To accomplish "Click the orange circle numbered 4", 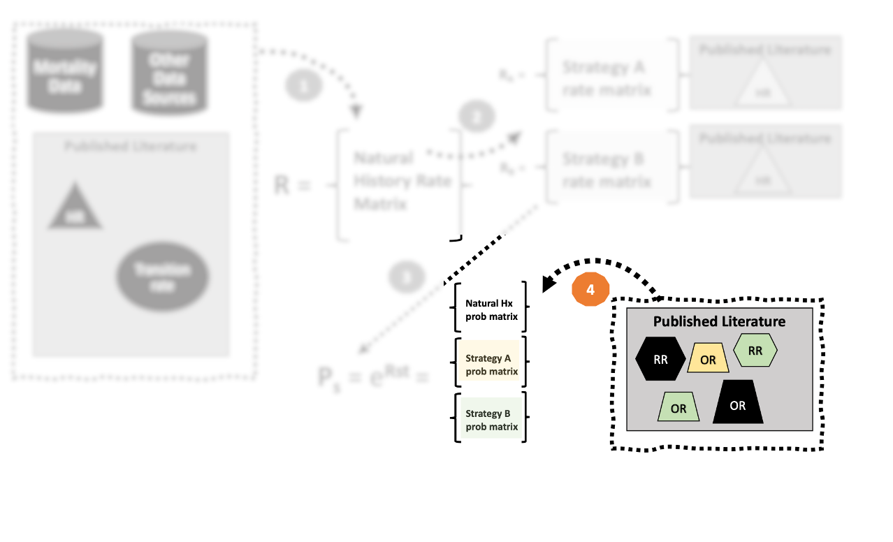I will click(x=590, y=289).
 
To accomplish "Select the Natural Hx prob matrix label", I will click(x=491, y=309).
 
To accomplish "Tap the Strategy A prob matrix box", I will click(x=491, y=365).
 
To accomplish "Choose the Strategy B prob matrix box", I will click(x=491, y=420).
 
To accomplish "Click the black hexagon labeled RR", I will click(x=660, y=360).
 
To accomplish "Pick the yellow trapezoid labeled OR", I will click(x=708, y=359).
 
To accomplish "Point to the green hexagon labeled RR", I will click(x=755, y=351).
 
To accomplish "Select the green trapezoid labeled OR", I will click(x=678, y=407).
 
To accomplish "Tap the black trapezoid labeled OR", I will click(x=738, y=404).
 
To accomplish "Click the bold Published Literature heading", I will click(x=719, y=321).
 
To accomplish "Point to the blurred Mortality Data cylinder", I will click(x=65, y=72).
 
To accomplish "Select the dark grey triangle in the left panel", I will click(x=75, y=207).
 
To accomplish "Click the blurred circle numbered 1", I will click(x=303, y=86).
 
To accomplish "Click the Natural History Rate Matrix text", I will click(x=401, y=182).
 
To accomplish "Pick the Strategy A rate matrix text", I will click(x=607, y=78).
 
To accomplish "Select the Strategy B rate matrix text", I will click(x=607, y=170).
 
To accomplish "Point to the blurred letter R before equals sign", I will click(x=282, y=185).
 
